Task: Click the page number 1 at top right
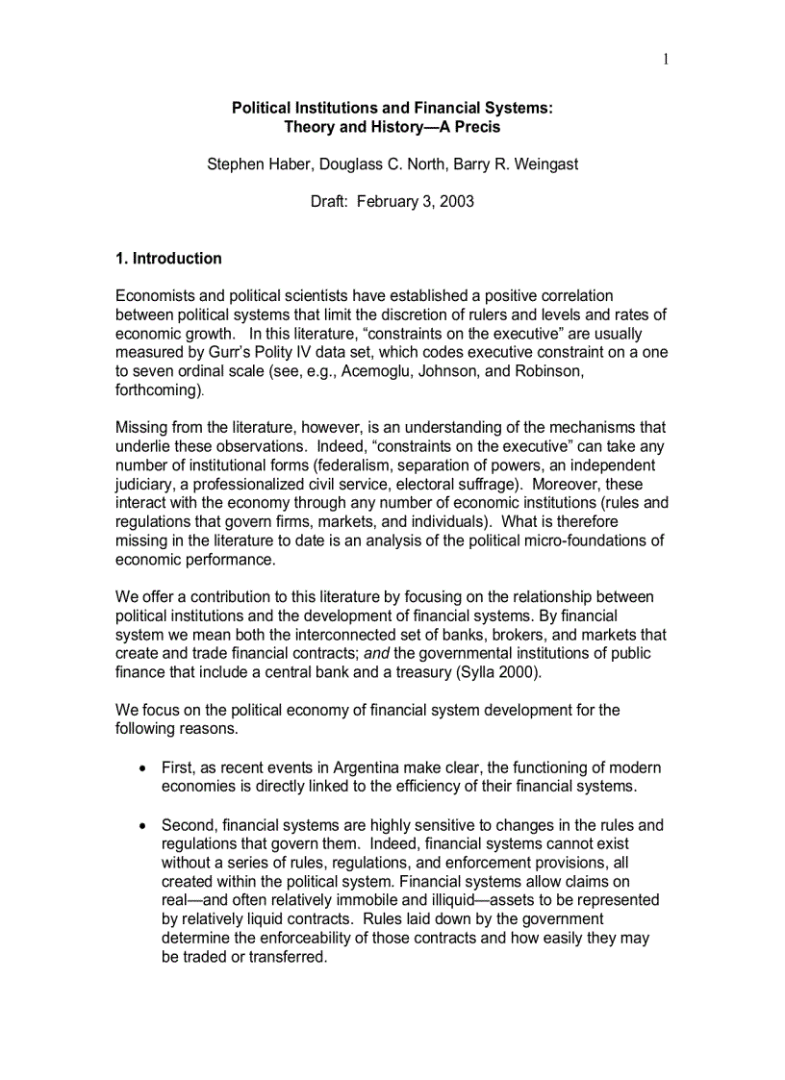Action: point(665,60)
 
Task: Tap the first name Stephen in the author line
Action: point(237,164)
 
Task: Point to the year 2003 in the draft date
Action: point(456,203)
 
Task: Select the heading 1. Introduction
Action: point(168,259)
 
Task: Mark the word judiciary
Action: point(146,485)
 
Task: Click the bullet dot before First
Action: point(142,768)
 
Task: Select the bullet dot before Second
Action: point(142,825)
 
